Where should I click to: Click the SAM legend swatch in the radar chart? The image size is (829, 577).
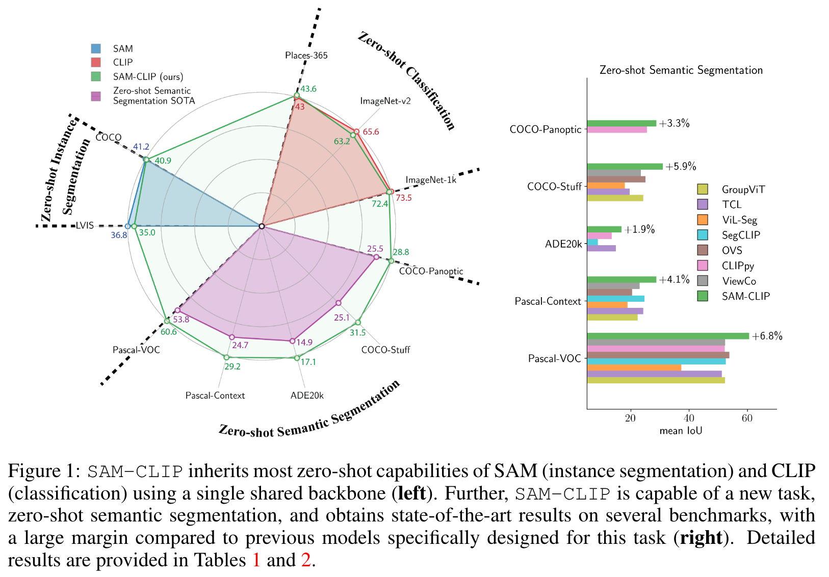pyautogui.click(x=96, y=48)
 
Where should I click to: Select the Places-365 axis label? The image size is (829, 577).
pyautogui.click(x=306, y=55)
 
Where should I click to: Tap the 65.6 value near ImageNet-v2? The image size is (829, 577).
pyautogui.click(x=371, y=132)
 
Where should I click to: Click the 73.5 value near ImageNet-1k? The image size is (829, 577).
pyautogui.click(x=403, y=197)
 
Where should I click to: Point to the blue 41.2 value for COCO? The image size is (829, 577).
pyautogui.click(x=141, y=147)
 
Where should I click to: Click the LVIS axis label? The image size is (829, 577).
pyautogui.click(x=85, y=225)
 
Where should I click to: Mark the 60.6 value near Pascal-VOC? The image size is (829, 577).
pyautogui.click(x=168, y=332)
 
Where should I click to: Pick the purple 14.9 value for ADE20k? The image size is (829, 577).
pyautogui.click(x=304, y=342)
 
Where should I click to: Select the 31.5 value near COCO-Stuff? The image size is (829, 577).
pyautogui.click(x=357, y=332)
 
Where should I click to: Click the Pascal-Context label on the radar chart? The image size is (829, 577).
pyautogui.click(x=215, y=395)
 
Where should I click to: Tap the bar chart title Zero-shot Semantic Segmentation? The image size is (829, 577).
pyautogui.click(x=681, y=70)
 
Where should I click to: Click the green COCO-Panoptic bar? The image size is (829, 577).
pyautogui.click(x=621, y=123)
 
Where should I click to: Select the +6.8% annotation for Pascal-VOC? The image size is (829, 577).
pyautogui.click(x=767, y=336)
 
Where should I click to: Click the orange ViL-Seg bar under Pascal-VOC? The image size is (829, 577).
pyautogui.click(x=634, y=368)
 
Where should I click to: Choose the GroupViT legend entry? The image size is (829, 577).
pyautogui.click(x=743, y=189)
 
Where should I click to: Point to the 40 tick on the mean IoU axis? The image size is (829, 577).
pyautogui.click(x=689, y=418)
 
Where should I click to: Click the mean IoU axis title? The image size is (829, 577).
pyautogui.click(x=681, y=431)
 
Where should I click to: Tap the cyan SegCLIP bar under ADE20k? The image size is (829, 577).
pyautogui.click(x=592, y=242)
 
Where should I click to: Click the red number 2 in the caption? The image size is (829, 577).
pyautogui.click(x=305, y=560)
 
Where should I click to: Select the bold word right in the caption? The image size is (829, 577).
pyautogui.click(x=701, y=537)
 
